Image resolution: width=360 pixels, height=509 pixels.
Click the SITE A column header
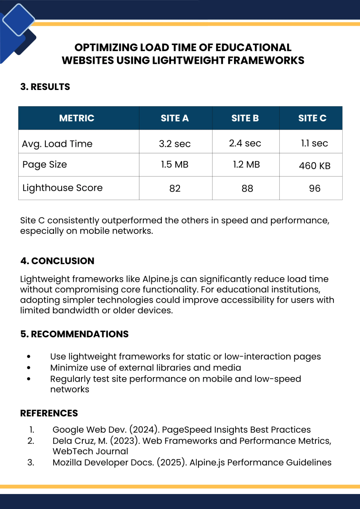(x=175, y=118)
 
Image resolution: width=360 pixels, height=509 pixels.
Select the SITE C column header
(x=312, y=118)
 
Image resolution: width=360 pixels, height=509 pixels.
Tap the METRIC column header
(x=76, y=118)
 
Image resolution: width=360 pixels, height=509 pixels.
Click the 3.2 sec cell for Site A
(x=175, y=144)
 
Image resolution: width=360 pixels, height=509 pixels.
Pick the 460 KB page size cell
(x=314, y=166)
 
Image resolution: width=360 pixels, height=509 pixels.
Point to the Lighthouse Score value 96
(x=314, y=188)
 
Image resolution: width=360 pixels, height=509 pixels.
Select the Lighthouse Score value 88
(x=247, y=188)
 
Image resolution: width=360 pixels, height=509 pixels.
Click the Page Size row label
(x=45, y=165)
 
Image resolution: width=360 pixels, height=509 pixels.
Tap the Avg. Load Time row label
(x=57, y=144)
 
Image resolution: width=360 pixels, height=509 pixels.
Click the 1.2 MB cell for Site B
(x=246, y=164)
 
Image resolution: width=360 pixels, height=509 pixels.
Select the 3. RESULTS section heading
(x=45, y=87)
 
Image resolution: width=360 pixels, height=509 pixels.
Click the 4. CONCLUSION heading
(x=57, y=261)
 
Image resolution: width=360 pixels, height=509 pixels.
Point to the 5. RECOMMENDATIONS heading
(x=74, y=334)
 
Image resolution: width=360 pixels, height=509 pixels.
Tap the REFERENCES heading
(x=49, y=413)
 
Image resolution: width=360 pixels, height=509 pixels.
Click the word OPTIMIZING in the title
(x=106, y=47)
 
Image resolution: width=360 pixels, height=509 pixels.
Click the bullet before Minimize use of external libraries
(x=29, y=368)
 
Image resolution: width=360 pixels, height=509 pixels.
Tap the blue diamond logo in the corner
(x=19, y=20)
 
